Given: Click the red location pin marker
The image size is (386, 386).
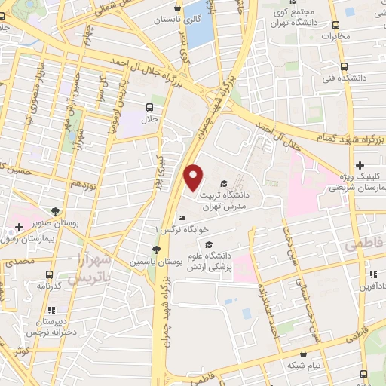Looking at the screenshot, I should pos(194,177).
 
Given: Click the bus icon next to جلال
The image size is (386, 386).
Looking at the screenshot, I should pos(150,107).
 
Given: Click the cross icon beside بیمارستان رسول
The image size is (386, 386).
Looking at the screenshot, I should pos(19,227).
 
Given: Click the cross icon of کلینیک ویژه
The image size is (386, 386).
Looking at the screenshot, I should pos(360,165).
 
